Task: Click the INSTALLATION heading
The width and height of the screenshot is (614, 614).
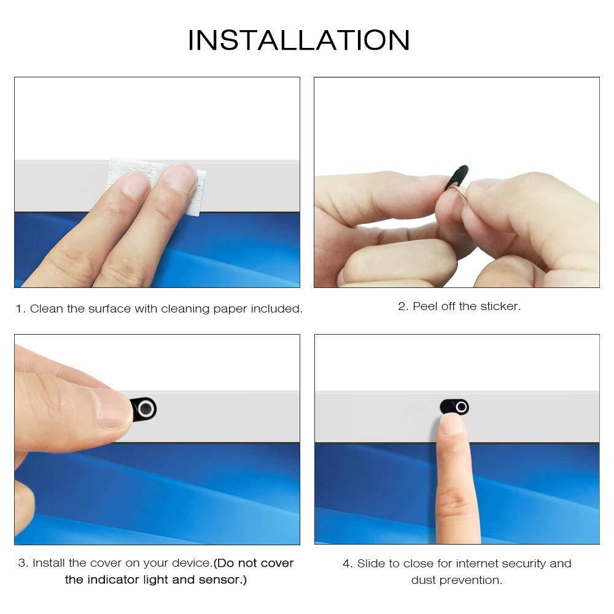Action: click(x=298, y=41)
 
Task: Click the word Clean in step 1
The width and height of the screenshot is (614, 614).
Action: click(x=47, y=309)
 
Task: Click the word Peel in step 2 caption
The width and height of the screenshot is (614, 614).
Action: click(x=425, y=306)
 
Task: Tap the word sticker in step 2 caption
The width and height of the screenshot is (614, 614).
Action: click(x=500, y=306)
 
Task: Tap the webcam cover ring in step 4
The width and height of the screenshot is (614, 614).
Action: click(x=461, y=407)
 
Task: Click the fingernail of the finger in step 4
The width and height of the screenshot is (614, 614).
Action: click(x=452, y=424)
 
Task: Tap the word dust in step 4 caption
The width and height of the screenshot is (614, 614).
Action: click(x=424, y=580)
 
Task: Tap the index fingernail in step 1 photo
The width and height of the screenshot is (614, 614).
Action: click(x=136, y=185)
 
